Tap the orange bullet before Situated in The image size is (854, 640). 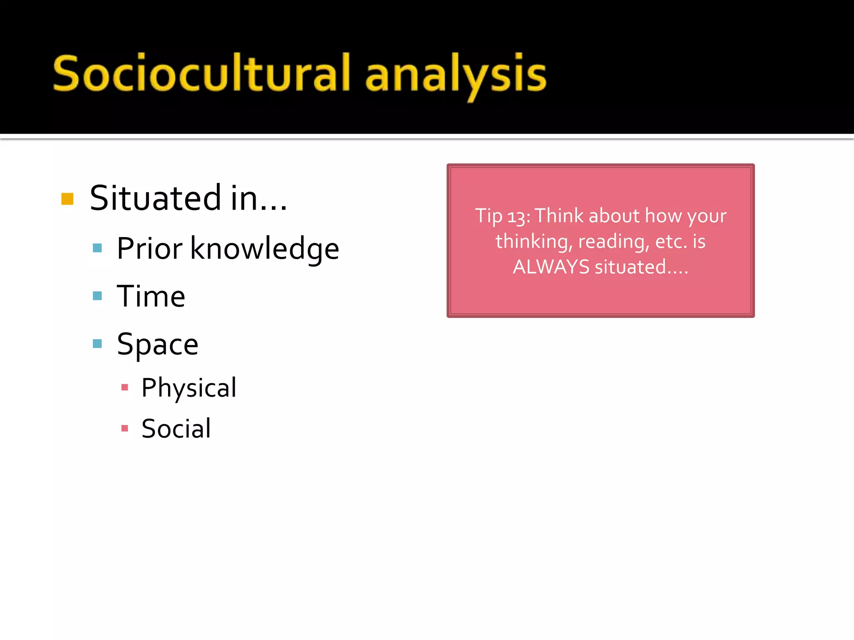coord(67,199)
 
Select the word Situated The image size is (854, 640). coord(156,198)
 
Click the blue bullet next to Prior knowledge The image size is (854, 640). coord(97,248)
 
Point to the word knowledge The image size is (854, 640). coord(264,249)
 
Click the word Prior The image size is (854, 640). coord(149,249)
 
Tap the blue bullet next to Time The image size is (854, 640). coord(97,296)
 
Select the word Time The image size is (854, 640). coord(151,296)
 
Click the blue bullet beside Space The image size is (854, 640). coord(97,344)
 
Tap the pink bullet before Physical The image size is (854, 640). coord(124,387)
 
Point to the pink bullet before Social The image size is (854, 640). coord(124,428)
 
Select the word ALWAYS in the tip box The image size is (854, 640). coord(551,267)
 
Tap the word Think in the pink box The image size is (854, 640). coord(559,216)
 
